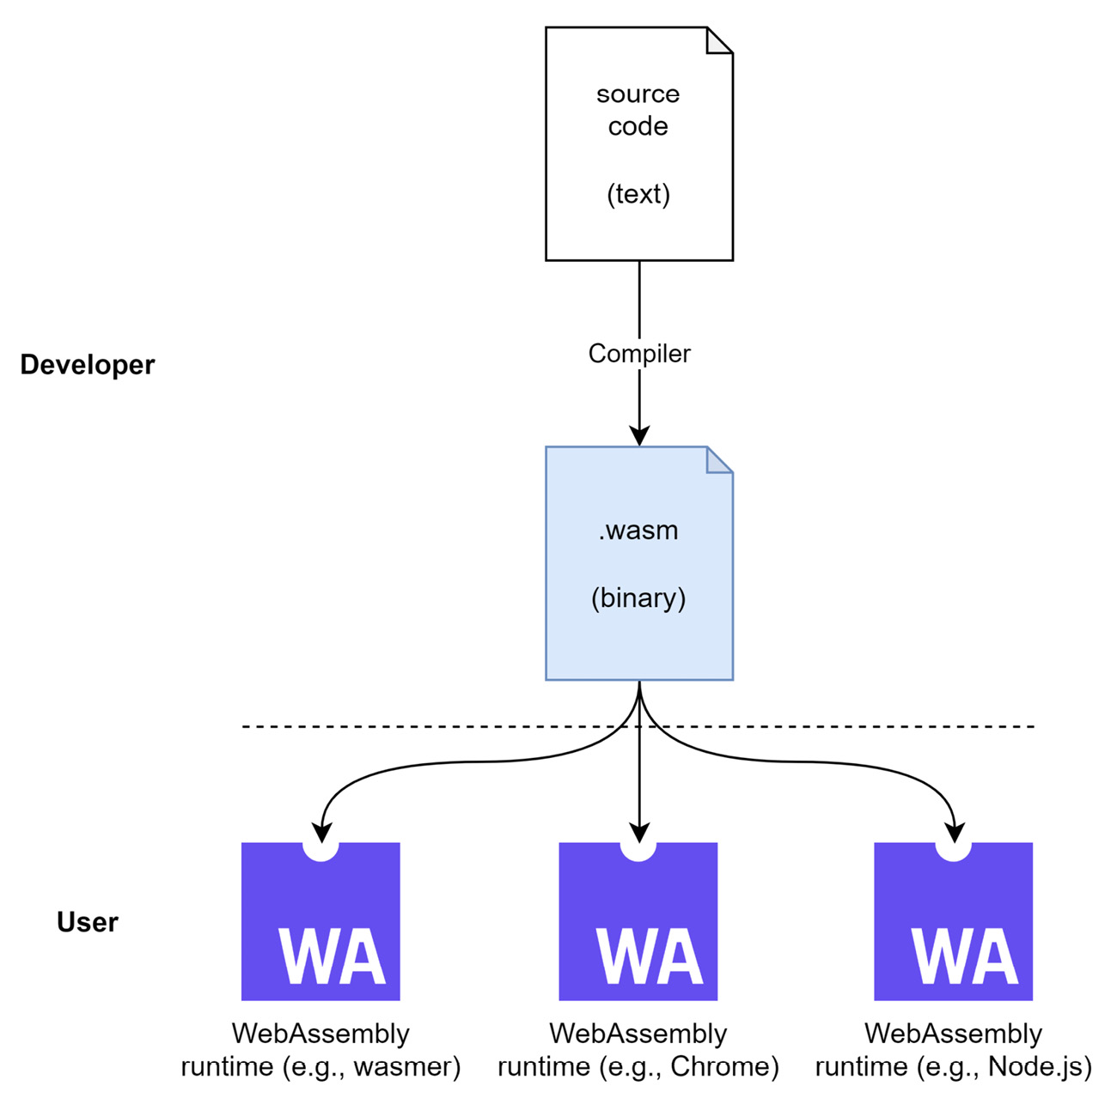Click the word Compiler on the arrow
[638, 354]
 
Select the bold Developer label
[87, 365]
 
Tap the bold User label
[87, 922]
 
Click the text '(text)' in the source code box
[638, 194]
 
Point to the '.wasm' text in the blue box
[638, 531]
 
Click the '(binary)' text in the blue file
[638, 597]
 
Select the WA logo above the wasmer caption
[320, 922]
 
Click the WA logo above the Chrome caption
[638, 922]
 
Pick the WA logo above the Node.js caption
[953, 922]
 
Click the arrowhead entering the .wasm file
[638, 435]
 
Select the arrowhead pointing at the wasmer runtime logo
[321, 832]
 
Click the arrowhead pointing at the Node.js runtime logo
[954, 832]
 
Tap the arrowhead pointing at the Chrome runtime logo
[638, 832]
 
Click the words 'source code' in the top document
[638, 110]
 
